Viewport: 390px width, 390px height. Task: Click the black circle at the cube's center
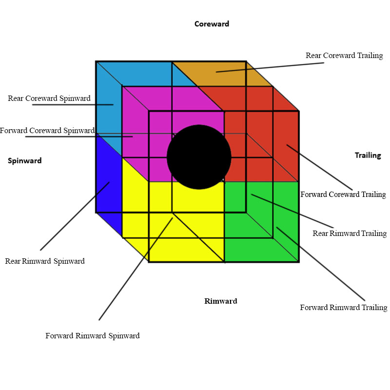(x=199, y=157)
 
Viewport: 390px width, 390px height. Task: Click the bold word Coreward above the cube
(x=212, y=24)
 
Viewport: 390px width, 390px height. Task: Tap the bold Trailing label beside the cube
(x=368, y=155)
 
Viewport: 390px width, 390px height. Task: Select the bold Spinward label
(x=25, y=161)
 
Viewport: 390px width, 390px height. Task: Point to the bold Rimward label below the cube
(x=220, y=301)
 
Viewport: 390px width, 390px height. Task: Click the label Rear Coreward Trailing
(x=344, y=56)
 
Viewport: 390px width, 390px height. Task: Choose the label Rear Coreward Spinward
(x=49, y=98)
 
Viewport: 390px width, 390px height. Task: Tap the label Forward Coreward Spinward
(x=47, y=131)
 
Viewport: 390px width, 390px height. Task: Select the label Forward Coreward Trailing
(x=343, y=195)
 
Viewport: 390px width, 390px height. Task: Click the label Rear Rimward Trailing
(x=350, y=234)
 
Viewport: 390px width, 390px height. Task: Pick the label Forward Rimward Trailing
(x=344, y=308)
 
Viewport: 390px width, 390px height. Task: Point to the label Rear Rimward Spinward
(x=45, y=261)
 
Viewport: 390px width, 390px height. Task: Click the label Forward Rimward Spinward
(x=93, y=336)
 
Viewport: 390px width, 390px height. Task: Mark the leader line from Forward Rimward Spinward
(x=136, y=269)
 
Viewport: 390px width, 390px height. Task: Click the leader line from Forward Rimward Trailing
(x=320, y=263)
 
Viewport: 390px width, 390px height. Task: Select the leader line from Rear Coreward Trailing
(x=276, y=67)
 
